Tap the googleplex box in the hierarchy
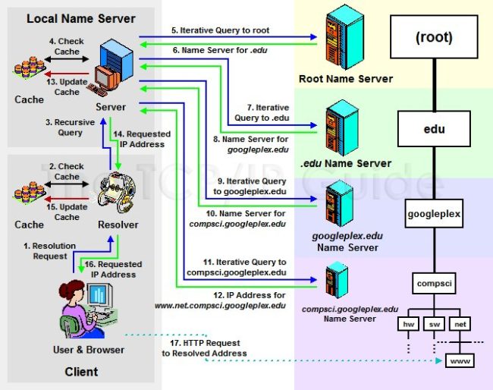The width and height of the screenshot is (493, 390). [x=433, y=214]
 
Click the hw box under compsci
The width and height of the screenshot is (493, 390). [x=408, y=324]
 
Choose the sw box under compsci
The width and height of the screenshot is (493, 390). [x=433, y=324]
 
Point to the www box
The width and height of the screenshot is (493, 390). [x=459, y=361]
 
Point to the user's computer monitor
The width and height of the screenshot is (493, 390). [x=99, y=296]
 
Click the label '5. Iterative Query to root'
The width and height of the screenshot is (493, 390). [x=220, y=30]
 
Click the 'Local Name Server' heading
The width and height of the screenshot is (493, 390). [x=80, y=18]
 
